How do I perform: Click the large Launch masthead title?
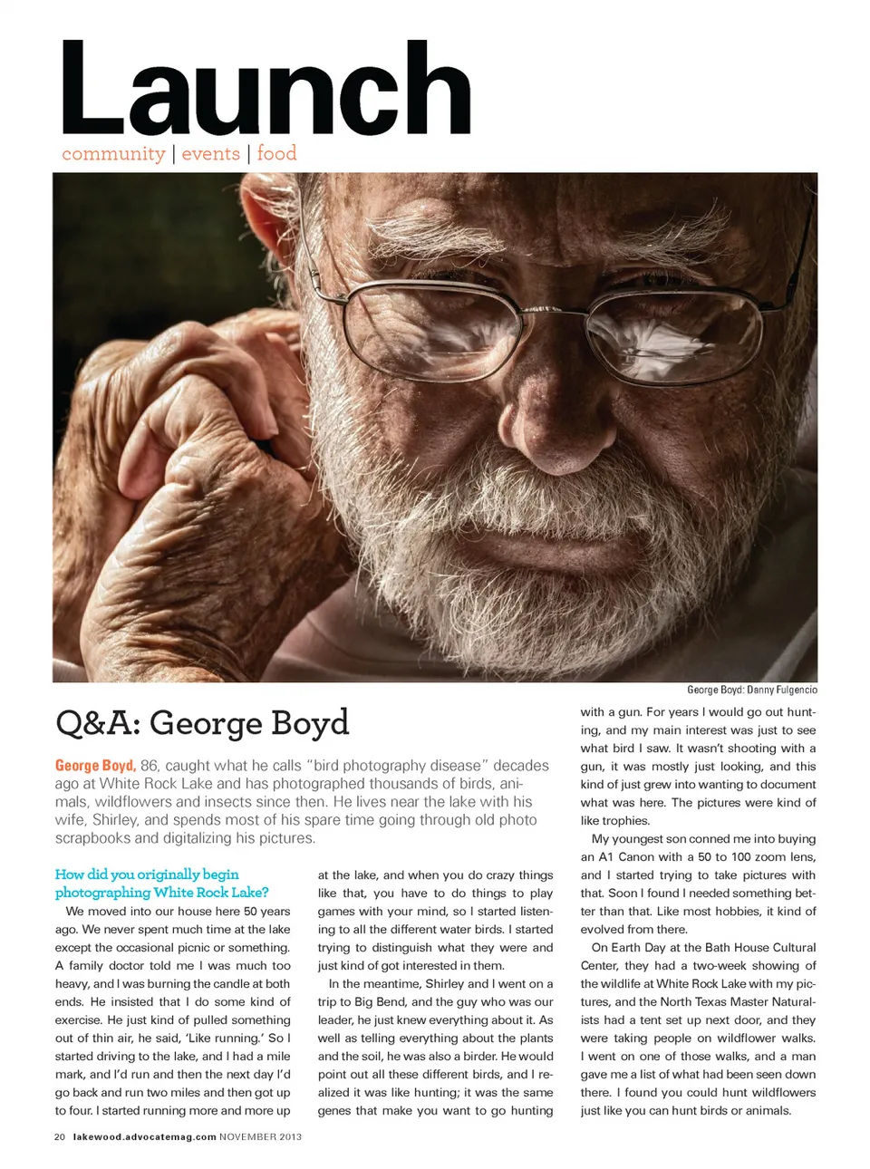(265, 91)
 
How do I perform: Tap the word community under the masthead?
(113, 154)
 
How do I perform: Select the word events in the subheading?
(210, 154)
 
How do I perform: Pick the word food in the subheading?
(276, 153)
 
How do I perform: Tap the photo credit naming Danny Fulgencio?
(751, 690)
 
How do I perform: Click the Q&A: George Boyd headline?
(202, 722)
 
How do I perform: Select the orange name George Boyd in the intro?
(94, 766)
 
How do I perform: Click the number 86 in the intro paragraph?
(150, 766)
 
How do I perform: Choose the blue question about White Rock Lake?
(161, 884)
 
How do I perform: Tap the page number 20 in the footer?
(60, 1136)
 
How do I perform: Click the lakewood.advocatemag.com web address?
(144, 1136)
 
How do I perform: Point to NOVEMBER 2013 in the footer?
(261, 1136)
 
